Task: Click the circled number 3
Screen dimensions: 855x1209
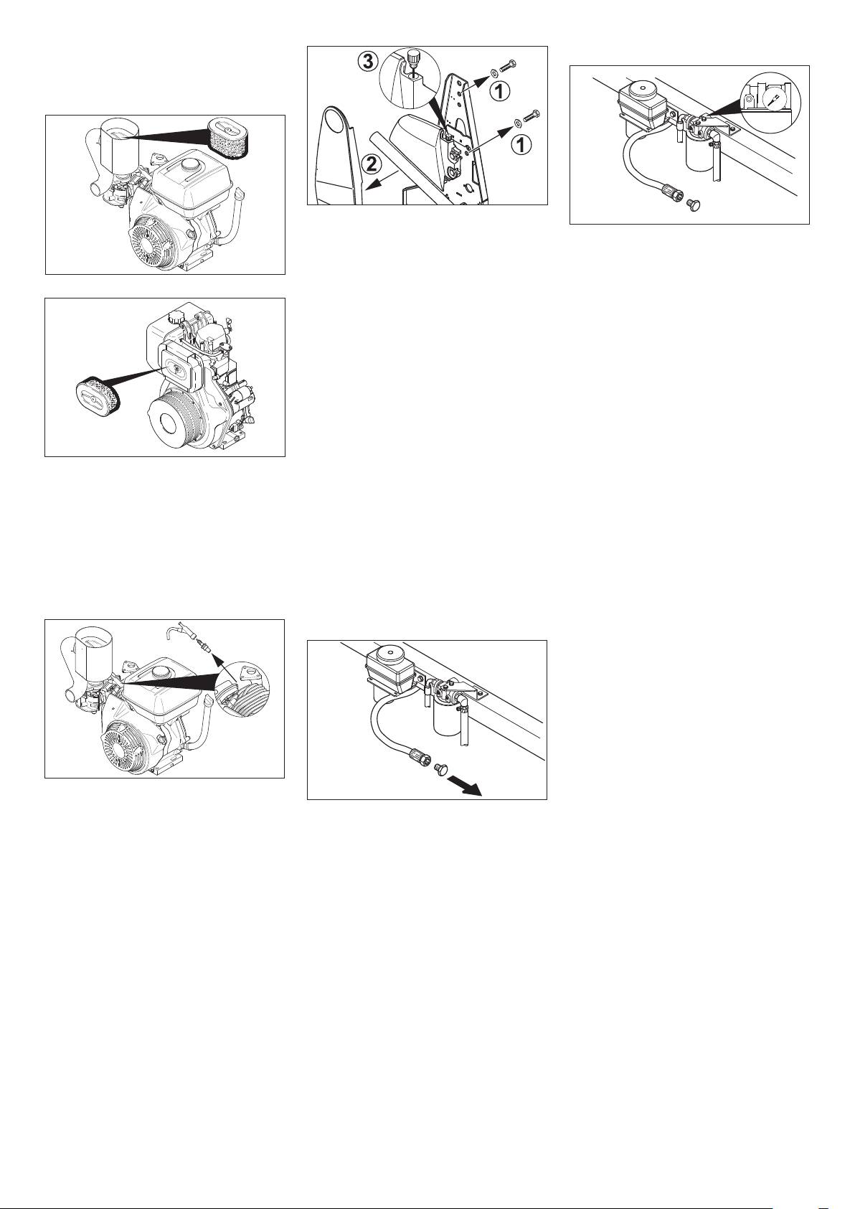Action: click(x=367, y=62)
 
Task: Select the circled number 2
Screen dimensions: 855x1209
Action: click(x=370, y=165)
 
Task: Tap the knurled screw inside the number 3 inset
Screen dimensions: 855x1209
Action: click(x=414, y=57)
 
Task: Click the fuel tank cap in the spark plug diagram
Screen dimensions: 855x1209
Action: click(x=161, y=672)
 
